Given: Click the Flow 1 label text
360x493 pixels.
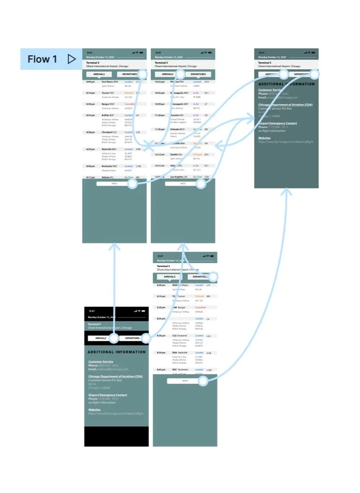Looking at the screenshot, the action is (42, 59).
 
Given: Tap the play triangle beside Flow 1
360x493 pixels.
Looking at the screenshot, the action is (71, 59).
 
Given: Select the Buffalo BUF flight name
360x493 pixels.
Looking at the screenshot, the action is (109, 115).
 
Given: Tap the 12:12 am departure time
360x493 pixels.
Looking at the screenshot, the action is (159, 154).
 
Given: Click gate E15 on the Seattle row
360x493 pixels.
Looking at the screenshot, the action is (206, 154).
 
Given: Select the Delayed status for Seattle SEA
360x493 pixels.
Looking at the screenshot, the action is (197, 154).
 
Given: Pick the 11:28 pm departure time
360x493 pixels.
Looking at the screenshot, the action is (160, 115).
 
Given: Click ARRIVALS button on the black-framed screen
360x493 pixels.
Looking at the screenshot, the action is (101, 338).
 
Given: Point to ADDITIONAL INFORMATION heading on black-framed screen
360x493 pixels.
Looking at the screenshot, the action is (116, 352).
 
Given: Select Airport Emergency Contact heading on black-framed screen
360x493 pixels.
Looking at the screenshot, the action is (107, 395).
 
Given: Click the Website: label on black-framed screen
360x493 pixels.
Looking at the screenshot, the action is (94, 410).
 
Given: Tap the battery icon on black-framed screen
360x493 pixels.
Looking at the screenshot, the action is (144, 311).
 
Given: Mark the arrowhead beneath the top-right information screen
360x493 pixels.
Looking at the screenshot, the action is (287, 191).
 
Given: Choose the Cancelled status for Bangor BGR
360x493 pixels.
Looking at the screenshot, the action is (129, 104).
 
